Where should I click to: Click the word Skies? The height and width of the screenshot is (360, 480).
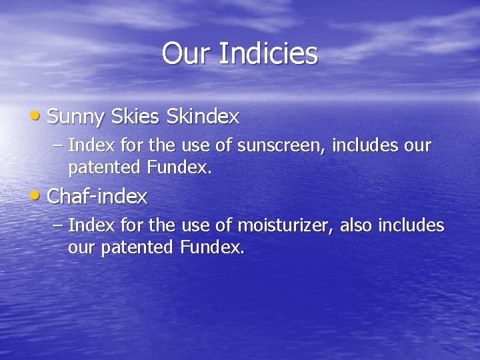(x=135, y=117)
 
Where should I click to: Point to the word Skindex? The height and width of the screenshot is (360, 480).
(x=203, y=117)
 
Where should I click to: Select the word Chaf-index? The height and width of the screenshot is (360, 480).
(x=98, y=197)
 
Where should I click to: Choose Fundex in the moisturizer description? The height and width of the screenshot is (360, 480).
(x=212, y=248)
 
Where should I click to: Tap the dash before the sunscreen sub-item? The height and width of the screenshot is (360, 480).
(x=58, y=145)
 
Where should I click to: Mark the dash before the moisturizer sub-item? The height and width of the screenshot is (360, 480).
(x=58, y=226)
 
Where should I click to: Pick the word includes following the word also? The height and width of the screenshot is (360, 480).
(x=411, y=225)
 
